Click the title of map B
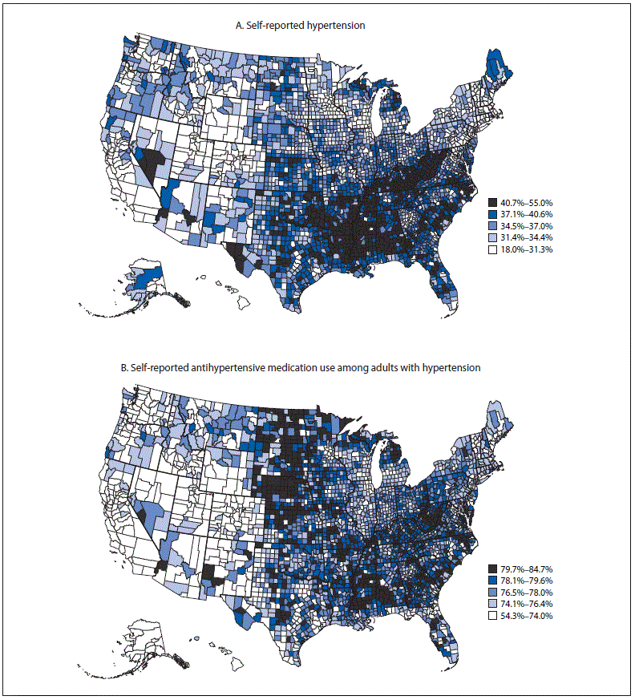click(300, 368)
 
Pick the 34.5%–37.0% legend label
click(525, 226)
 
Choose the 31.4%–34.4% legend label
click(525, 238)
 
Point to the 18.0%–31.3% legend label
click(525, 249)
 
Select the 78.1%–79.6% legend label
click(525, 580)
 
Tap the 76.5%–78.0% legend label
click(525, 592)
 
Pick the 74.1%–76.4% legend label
click(525, 603)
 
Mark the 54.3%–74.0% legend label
click(525, 615)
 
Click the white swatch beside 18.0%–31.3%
click(491, 249)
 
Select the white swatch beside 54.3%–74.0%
click(491, 615)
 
